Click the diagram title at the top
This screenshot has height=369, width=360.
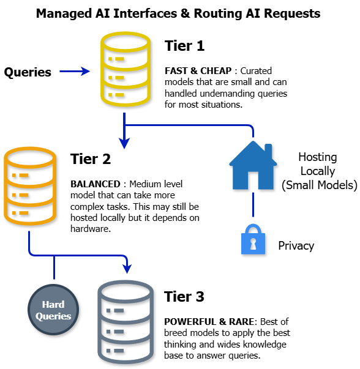(x=178, y=13)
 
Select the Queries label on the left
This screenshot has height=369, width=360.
(x=28, y=72)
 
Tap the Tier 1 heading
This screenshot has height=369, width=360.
(x=184, y=47)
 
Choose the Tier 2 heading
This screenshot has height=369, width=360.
(x=90, y=160)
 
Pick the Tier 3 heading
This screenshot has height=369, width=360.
(x=184, y=297)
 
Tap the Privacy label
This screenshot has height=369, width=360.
(x=296, y=245)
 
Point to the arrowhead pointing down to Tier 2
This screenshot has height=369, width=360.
(x=124, y=144)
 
